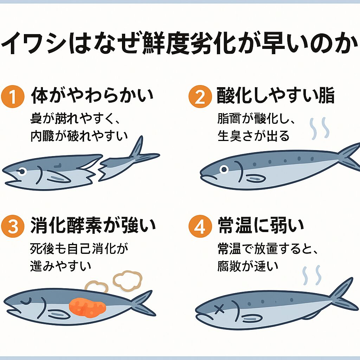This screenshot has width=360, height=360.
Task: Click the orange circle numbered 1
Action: tap(13, 96)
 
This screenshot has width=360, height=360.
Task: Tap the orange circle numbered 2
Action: tap(199, 96)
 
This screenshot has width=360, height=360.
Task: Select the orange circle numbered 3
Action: tap(13, 227)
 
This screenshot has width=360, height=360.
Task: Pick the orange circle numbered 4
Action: tap(199, 227)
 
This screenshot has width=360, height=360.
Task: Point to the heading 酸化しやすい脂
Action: tap(275, 96)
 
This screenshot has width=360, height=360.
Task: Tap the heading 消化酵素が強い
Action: tap(93, 226)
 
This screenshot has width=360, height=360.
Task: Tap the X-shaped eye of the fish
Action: tap(219, 309)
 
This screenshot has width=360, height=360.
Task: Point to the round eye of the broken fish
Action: tap(22, 172)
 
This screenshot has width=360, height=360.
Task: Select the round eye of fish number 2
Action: tap(223, 170)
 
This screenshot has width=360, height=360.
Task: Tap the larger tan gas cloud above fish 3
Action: tap(127, 280)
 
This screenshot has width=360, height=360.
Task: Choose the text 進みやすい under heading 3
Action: tap(61, 265)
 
